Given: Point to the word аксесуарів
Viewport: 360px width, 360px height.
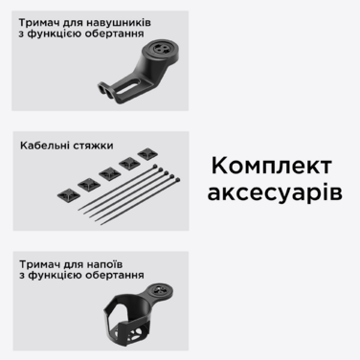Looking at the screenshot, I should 274,192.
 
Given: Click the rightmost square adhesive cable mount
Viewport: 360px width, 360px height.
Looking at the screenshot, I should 146,154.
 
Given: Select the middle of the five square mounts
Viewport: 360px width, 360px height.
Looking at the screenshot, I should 109,173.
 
